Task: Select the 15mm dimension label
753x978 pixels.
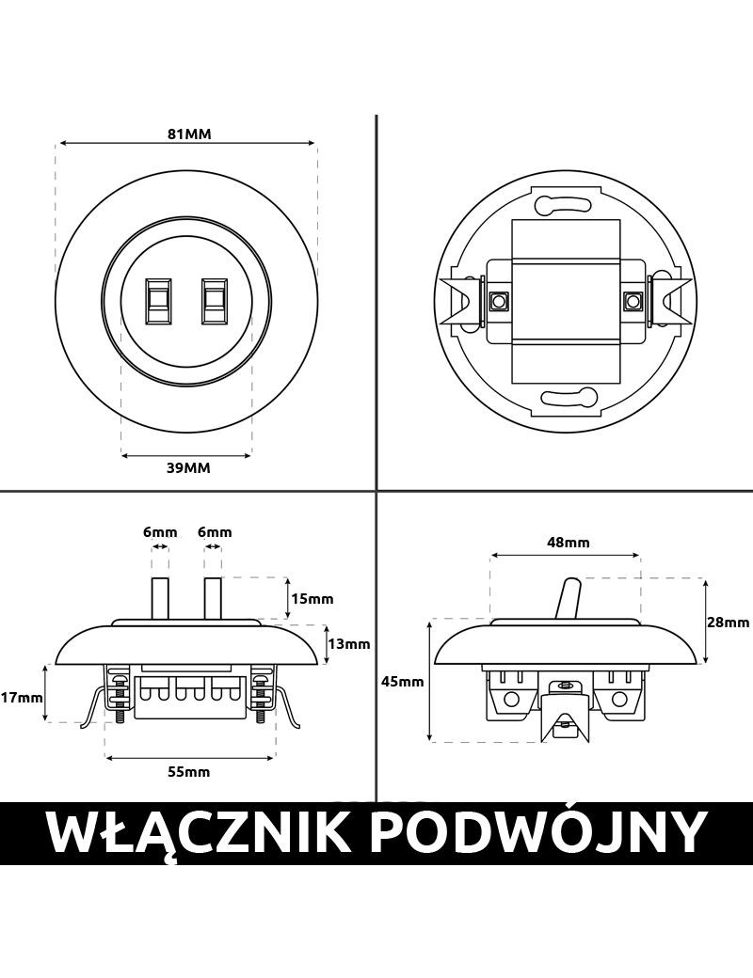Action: point(312,598)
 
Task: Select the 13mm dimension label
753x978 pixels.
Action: point(347,644)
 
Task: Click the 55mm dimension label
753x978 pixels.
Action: point(188,772)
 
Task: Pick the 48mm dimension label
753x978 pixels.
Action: point(568,542)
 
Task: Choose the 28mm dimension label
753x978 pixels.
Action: point(728,622)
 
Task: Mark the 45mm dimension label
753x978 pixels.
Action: point(404,682)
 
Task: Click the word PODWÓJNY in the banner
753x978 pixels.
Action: point(537,832)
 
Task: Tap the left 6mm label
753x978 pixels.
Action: point(160,532)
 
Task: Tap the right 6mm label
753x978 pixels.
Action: point(215,532)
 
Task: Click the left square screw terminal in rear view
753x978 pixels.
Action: point(497,302)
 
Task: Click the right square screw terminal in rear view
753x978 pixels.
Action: point(632,302)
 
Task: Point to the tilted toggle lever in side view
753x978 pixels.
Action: point(569,599)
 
